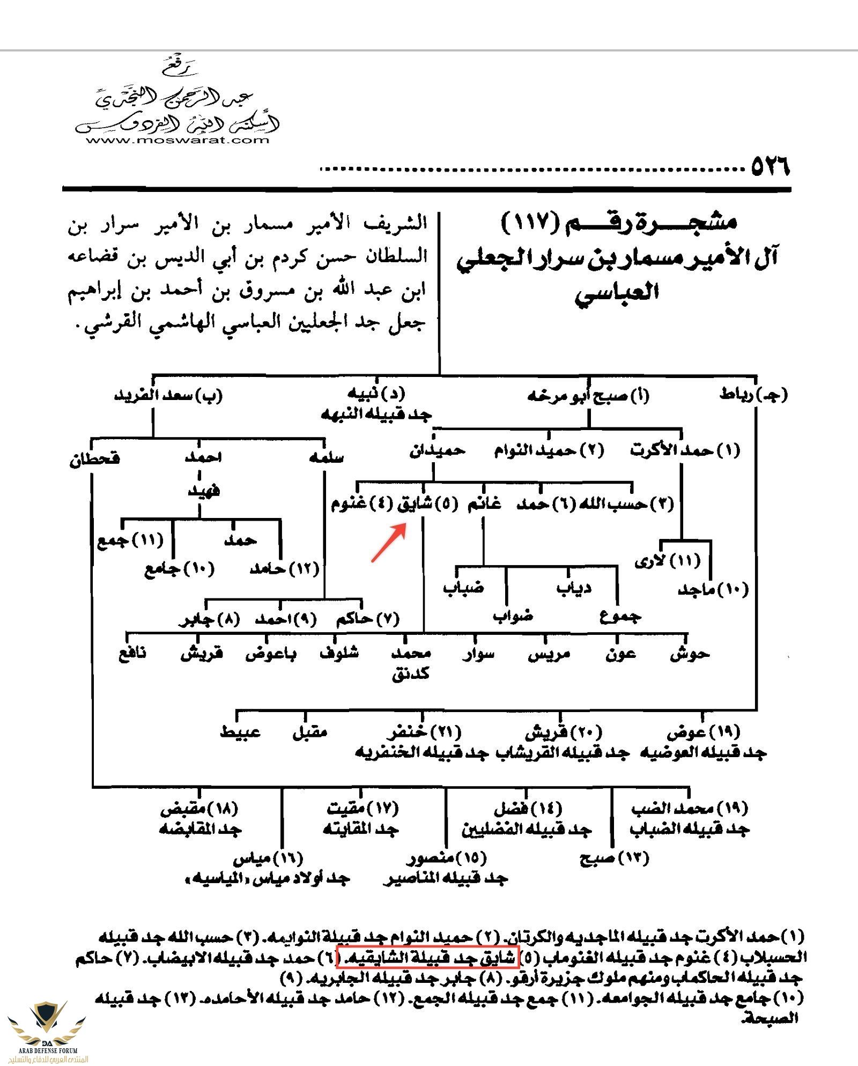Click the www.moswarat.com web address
click(177, 140)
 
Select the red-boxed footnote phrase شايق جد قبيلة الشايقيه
click(427, 957)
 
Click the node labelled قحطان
click(94, 459)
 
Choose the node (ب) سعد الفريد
click(168, 396)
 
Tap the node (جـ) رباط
click(753, 395)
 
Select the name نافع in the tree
click(132, 654)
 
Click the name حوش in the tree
click(690, 654)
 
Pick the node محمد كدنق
click(411, 663)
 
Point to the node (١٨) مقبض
click(199, 808)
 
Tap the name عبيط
click(240, 732)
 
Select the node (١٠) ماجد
click(713, 590)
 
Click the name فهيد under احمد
click(203, 490)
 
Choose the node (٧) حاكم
click(368, 619)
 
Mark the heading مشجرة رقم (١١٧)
click(619, 221)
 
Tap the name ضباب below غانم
click(463, 588)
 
